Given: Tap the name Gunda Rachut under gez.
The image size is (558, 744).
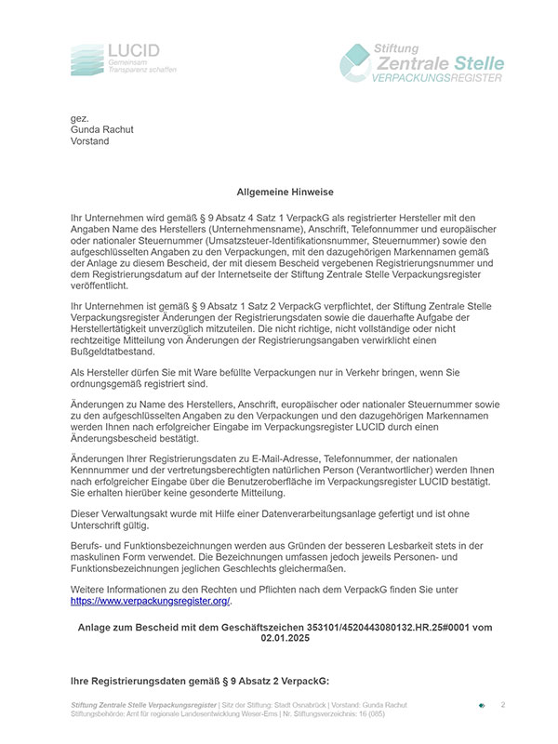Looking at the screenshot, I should click(103, 130).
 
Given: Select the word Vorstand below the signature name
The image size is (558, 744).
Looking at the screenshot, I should click(90, 142).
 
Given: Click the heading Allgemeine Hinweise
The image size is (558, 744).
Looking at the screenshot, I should click(278, 192).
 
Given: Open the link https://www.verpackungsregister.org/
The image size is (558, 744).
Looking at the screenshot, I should click(150, 602).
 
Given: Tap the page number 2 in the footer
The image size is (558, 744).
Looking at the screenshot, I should click(503, 706).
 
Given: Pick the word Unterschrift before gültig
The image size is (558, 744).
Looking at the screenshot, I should click(100, 525).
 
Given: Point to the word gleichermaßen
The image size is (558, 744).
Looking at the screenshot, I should click(319, 570).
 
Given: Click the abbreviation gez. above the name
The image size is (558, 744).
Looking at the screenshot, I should click(80, 118).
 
